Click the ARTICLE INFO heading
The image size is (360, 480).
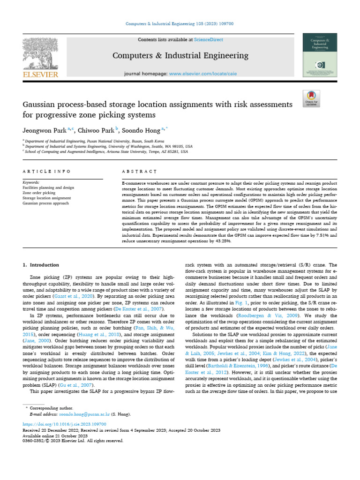[x=47, y=172]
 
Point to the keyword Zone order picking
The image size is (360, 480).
[x=39, y=193]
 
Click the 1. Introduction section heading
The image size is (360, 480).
[x=41, y=265]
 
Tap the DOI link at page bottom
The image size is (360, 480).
[x=67, y=423]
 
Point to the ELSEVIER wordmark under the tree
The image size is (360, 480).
[x=39, y=75]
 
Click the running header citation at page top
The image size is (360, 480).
[x=180, y=24]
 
